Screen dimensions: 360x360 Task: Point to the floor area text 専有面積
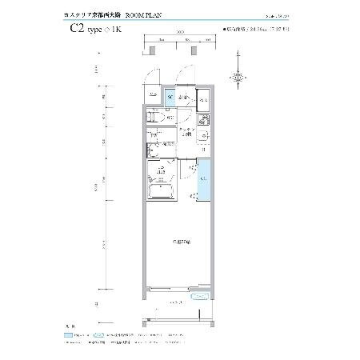[x=237, y=29]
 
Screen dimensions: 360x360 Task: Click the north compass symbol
[x=238, y=77]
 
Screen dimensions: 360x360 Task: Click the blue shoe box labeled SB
[x=170, y=99]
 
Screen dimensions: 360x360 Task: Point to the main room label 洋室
[x=179, y=241]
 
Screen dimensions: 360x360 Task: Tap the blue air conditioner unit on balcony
[x=198, y=296]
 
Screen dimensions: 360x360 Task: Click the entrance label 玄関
[x=183, y=98]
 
